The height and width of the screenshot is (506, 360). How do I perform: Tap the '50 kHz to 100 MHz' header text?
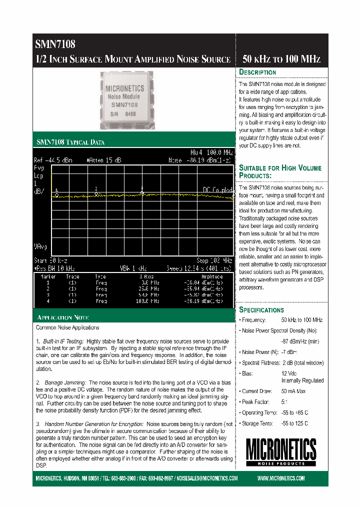point(281,59)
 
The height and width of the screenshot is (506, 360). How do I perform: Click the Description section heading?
point(257,72)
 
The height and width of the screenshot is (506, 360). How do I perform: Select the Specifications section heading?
point(261,310)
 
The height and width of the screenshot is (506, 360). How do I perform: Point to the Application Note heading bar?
point(63,317)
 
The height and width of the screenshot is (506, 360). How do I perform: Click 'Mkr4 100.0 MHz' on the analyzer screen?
point(211,152)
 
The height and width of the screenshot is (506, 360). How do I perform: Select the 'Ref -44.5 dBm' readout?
point(52,160)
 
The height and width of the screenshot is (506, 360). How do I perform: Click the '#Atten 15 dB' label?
point(103,160)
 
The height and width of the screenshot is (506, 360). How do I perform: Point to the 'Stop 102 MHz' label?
point(214,260)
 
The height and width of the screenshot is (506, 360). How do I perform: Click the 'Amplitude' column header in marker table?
point(211,276)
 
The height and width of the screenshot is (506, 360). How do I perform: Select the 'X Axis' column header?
point(146,276)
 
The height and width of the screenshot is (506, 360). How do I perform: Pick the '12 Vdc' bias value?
point(289,373)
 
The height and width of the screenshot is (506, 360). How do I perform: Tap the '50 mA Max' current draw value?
point(293,391)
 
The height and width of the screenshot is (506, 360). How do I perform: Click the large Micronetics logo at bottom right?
point(280,450)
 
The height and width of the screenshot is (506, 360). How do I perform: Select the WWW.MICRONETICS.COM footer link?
point(281,478)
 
